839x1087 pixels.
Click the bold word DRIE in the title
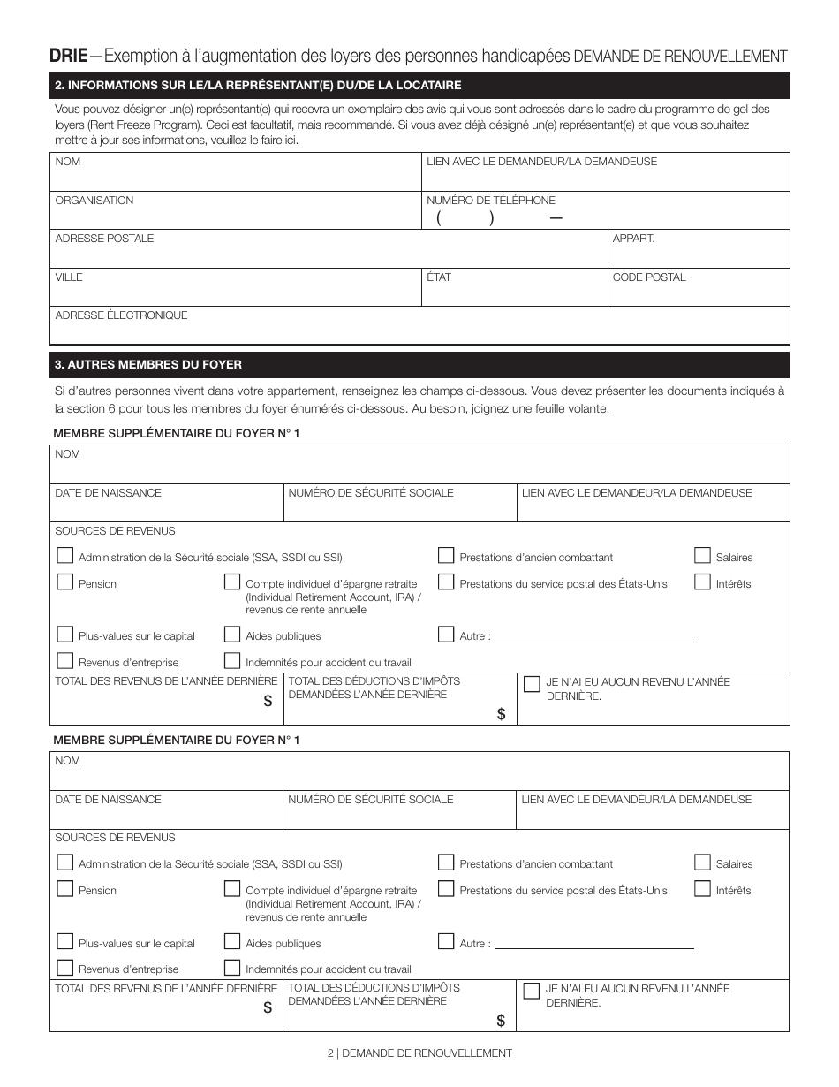[68, 56]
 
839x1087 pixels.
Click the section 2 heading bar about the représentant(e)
[419, 86]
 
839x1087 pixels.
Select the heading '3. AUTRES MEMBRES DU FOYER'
[148, 364]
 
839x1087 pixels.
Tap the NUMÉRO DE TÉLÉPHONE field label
[491, 201]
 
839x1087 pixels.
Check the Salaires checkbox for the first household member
[702, 556]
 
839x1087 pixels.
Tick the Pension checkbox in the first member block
[64, 582]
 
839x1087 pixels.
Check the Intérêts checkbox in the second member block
[702, 889]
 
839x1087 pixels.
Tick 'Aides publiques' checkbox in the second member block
[232, 942]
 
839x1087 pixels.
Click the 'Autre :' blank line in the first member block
[593, 636]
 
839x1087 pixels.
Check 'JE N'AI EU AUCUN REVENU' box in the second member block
[532, 991]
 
